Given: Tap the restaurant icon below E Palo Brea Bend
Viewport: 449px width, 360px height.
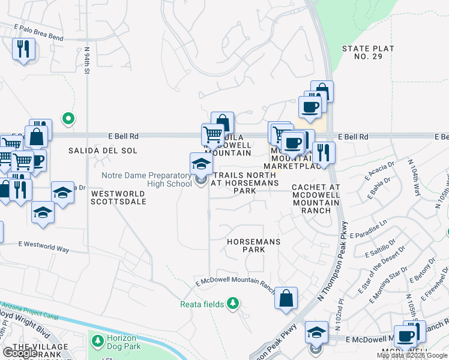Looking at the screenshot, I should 23,49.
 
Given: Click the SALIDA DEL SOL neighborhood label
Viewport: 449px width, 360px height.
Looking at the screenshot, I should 103,151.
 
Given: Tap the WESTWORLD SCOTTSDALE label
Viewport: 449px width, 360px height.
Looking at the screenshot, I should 118,198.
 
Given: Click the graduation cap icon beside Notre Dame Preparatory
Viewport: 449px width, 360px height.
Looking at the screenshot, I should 201,164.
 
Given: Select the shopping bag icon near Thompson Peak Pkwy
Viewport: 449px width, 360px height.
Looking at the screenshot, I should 286,298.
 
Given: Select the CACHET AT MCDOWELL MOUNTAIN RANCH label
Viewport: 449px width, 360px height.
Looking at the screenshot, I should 316,199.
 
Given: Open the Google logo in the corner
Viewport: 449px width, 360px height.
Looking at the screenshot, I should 20,353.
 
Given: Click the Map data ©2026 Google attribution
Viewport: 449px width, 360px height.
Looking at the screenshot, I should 412,355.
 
